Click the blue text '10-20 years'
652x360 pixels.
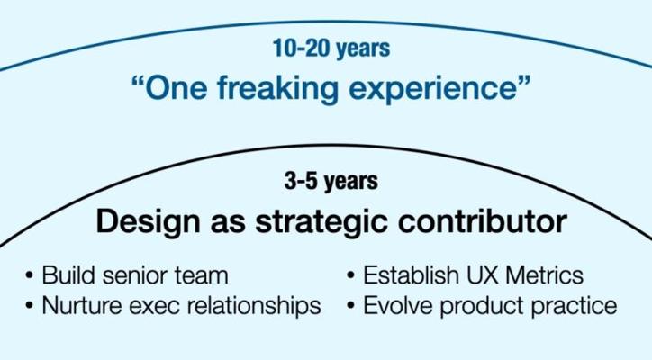[331, 49]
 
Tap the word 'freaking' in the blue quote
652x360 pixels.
[277, 88]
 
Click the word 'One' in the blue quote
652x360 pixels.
[176, 88]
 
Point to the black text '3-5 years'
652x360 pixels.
[331, 181]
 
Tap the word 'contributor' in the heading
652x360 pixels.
[483, 221]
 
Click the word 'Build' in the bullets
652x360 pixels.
[68, 275]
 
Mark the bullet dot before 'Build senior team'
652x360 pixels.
[29, 274]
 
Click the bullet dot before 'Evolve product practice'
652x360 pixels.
[350, 305]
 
